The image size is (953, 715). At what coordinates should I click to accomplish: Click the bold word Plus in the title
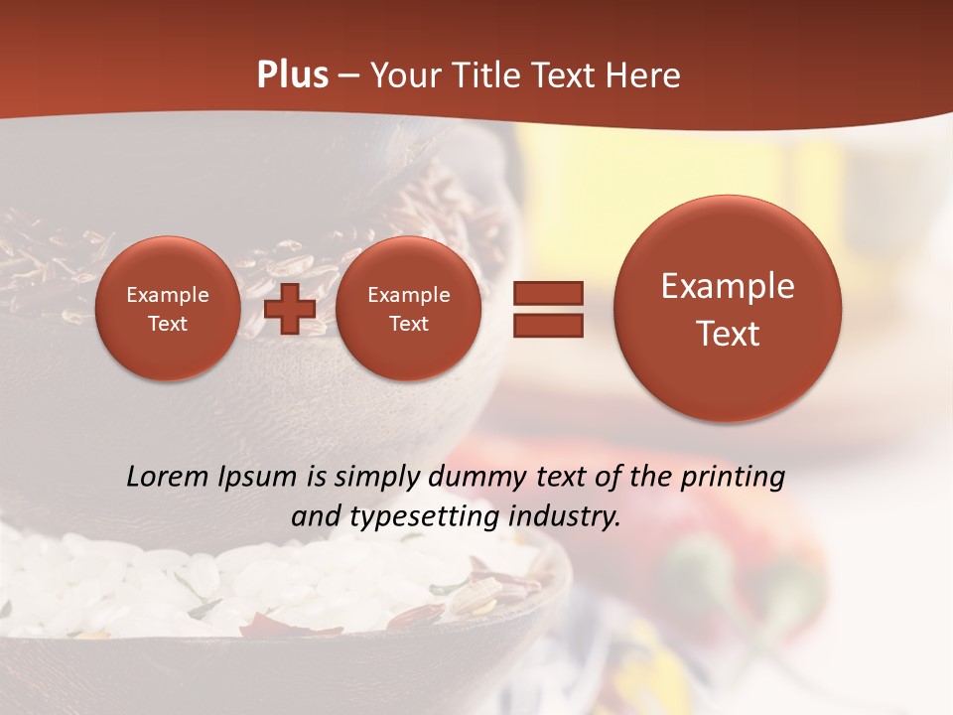point(292,75)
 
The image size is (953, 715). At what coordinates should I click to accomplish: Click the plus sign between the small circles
point(290,308)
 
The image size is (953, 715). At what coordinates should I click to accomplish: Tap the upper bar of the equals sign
point(548,293)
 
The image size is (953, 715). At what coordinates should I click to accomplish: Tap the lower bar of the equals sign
point(548,325)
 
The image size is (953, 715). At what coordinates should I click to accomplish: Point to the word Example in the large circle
point(728,286)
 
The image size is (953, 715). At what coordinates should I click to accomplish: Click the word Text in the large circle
point(728,334)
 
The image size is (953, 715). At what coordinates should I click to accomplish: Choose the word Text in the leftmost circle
point(167,324)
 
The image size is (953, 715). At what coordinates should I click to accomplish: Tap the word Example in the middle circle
point(408,295)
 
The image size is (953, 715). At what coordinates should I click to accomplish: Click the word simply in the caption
point(373,478)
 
